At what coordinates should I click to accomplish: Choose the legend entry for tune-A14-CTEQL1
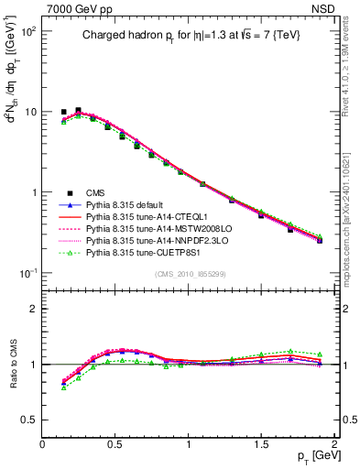143,217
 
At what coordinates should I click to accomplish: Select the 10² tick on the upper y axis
27,32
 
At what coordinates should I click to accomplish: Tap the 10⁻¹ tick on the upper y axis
27,273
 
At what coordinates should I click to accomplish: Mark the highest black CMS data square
78,110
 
